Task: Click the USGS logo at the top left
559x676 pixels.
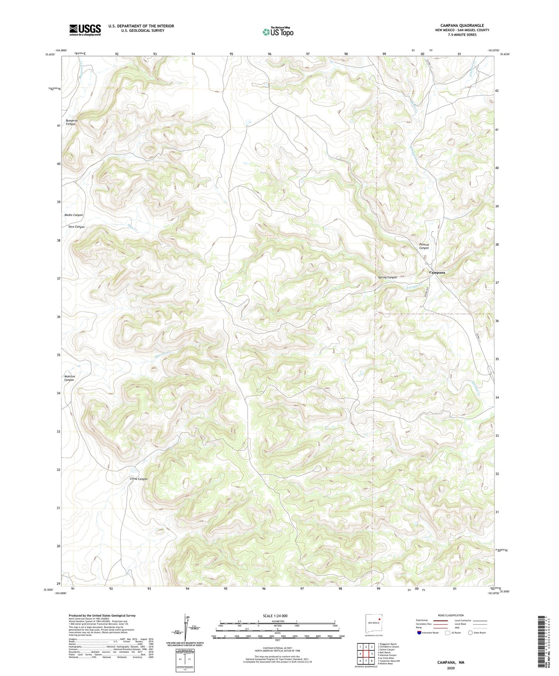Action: coord(85,30)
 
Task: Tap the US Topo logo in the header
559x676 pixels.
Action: coord(278,32)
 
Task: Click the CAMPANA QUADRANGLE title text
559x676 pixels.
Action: coord(462,26)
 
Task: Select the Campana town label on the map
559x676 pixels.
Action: coord(437,273)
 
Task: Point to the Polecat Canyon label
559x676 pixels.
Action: coord(424,246)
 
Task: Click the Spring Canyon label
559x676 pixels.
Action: coord(388,277)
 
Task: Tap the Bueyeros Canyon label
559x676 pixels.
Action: coord(71,122)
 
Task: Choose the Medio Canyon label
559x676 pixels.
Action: coord(74,215)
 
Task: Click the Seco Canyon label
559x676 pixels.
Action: coord(76,226)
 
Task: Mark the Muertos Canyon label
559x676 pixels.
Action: coord(69,378)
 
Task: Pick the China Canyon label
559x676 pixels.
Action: coord(138,479)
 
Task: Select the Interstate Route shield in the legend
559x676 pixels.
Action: coord(420,633)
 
